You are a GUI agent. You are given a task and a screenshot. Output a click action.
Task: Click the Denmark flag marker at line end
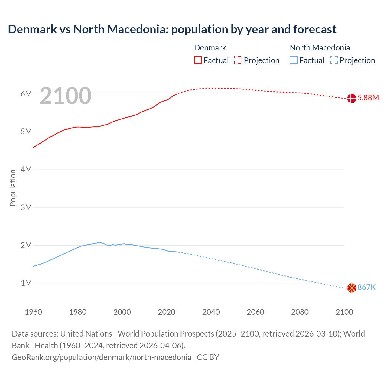pyautogui.click(x=352, y=98)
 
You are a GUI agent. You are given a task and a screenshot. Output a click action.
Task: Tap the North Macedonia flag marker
pyautogui.click(x=352, y=288)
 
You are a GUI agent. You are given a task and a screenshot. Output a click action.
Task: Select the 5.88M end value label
pyautogui.click(x=368, y=98)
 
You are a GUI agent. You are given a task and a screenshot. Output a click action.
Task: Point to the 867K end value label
pyautogui.click(x=366, y=287)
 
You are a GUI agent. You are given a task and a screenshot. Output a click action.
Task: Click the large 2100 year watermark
pyautogui.click(x=65, y=96)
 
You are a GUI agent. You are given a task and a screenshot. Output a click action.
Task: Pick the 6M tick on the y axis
pyautogui.click(x=26, y=94)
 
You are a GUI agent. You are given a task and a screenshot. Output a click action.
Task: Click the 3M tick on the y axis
pyautogui.click(x=26, y=207)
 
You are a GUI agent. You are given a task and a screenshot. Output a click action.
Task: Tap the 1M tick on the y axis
pyautogui.click(x=26, y=283)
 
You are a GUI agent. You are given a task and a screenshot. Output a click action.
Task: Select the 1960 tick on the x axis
pyautogui.click(x=33, y=312)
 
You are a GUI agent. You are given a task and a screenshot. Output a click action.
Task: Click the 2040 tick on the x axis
pyautogui.click(x=211, y=312)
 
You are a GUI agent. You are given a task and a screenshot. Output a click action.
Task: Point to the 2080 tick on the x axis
pyautogui.click(x=300, y=312)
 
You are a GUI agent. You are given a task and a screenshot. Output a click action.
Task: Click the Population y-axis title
pyautogui.click(x=13, y=188)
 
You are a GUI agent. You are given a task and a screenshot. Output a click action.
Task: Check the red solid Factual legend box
pyautogui.click(x=198, y=60)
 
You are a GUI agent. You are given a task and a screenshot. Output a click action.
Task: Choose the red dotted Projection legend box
pyautogui.click(x=238, y=60)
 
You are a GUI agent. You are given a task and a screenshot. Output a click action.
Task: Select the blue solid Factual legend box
pyautogui.click(x=294, y=60)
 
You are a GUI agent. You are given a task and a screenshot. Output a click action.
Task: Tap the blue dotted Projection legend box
pyautogui.click(x=334, y=60)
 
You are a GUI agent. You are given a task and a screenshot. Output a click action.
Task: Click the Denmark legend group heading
pyautogui.click(x=210, y=48)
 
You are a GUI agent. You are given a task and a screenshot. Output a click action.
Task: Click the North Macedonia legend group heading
pyautogui.click(x=320, y=48)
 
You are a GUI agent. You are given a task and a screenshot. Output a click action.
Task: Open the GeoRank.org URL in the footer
pyautogui.click(x=102, y=357)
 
